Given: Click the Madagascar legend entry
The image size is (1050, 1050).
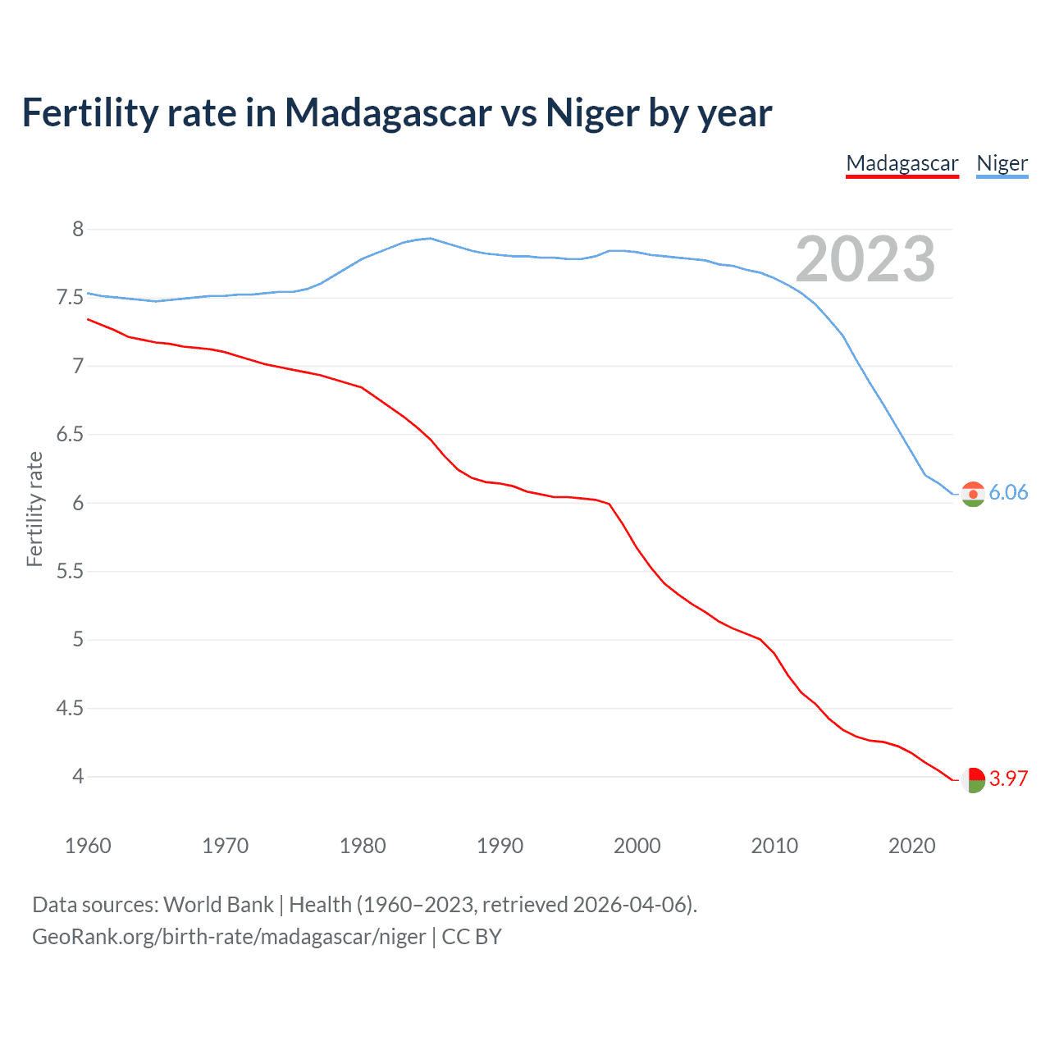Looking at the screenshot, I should pos(902,163).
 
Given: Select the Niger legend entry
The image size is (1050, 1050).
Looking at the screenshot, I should pos(1002,163).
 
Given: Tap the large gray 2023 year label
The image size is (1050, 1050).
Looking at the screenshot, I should pos(865,259).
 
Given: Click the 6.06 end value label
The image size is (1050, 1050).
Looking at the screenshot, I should pos(1008,492).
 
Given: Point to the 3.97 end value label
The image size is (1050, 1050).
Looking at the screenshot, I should pos(1008,778).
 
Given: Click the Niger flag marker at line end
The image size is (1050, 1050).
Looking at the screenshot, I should pos(973,494).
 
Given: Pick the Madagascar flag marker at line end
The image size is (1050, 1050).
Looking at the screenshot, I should pos(973,779).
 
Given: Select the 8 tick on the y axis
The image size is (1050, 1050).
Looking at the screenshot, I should pos(78,230).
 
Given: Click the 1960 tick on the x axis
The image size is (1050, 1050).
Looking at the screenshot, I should pos(88,846).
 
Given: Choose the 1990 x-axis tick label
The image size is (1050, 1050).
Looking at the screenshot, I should pos(500,846).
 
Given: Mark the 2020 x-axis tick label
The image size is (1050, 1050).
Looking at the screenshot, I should pos(911,846).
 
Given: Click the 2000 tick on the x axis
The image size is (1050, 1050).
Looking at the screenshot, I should pos(637,846).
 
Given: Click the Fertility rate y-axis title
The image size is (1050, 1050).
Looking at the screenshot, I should pos(34,509).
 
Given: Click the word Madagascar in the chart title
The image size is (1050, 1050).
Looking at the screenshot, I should pos(388,112).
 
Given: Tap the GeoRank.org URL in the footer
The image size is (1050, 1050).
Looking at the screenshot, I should pos(229,937).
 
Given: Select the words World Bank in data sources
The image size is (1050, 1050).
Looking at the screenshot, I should pos(218,905).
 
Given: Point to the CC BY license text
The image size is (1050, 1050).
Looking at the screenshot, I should pos(472,937).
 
